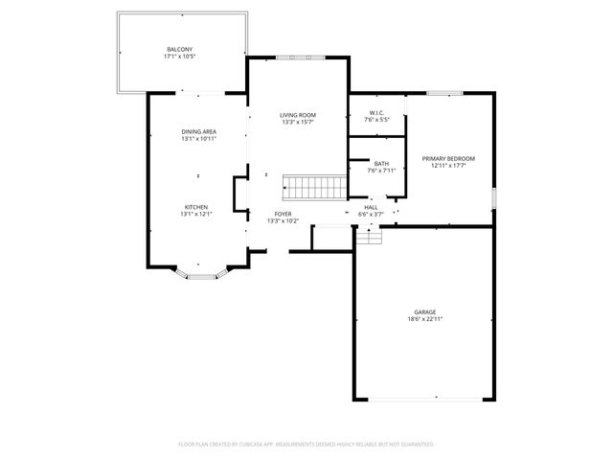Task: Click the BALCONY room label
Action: click(x=179, y=49)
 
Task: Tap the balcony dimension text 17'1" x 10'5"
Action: click(x=179, y=57)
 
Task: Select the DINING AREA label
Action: click(x=198, y=131)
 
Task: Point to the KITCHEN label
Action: click(x=196, y=206)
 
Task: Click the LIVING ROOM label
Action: click(x=298, y=115)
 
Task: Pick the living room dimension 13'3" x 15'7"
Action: click(x=298, y=123)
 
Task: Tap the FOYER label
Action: click(x=283, y=214)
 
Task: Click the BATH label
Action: click(x=381, y=164)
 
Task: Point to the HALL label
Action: click(x=371, y=206)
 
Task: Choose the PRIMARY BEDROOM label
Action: click(x=448, y=158)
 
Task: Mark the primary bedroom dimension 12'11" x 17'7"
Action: click(x=448, y=166)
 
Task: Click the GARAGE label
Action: click(x=425, y=311)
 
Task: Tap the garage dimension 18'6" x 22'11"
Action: click(x=425, y=319)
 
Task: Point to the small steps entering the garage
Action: click(x=369, y=236)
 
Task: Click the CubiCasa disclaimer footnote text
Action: click(x=306, y=444)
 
